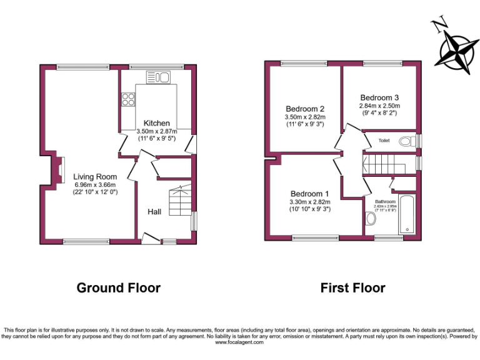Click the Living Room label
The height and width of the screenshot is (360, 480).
click(95, 177)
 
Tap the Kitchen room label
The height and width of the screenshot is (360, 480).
click(157, 122)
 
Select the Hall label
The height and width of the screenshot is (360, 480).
click(154, 212)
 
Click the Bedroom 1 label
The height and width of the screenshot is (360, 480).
click(309, 192)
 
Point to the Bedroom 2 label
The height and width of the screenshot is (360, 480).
click(305, 108)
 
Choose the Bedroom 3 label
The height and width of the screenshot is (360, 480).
click(379, 97)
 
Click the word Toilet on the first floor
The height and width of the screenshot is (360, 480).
click(384, 141)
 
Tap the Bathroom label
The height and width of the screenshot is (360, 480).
click(385, 201)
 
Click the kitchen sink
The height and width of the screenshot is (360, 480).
click(159, 77)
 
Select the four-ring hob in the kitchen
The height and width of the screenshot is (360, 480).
click(129, 99)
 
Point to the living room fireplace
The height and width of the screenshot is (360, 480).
click(61, 170)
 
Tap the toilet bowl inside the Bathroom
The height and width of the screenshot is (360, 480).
click(370, 218)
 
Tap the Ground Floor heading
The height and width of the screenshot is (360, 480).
click(119, 288)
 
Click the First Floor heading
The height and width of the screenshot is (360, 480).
click(352, 288)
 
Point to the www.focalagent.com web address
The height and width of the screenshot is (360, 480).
click(240, 342)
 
